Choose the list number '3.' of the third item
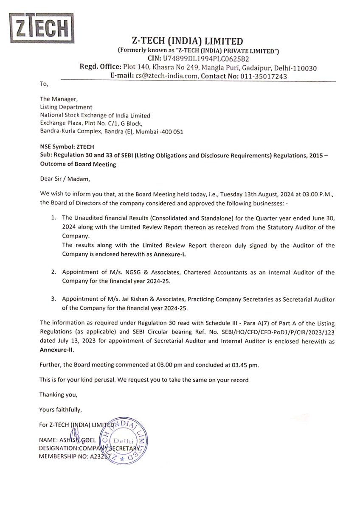pos(54,298)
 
